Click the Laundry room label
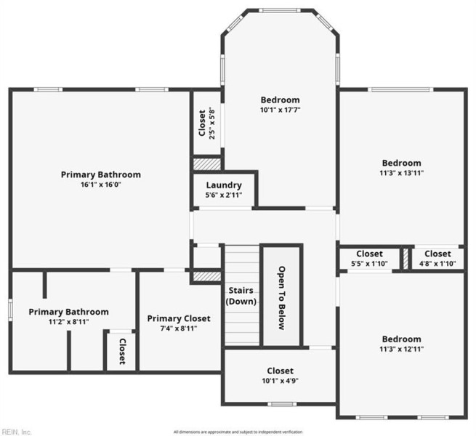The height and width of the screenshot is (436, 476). click(224, 185)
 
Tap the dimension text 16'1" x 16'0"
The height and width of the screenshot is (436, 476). click(101, 185)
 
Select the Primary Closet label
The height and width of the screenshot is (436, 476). click(179, 318)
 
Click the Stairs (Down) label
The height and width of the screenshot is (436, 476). click(241, 296)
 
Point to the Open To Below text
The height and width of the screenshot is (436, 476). click(281, 297)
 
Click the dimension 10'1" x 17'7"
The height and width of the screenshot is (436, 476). click(281, 110)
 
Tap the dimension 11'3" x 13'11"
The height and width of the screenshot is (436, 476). click(402, 173)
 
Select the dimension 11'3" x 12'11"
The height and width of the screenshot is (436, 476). click(402, 350)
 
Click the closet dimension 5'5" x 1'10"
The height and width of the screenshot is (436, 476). click(369, 264)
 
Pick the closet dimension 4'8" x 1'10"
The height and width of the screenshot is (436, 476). click(437, 264)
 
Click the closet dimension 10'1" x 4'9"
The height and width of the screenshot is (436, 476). click(280, 381)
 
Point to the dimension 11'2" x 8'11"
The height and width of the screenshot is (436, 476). click(69, 322)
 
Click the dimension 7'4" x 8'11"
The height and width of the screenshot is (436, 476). click(179, 328)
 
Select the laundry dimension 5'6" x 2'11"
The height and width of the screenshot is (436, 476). click(224, 196)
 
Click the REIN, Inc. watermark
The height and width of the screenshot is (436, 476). click(16, 432)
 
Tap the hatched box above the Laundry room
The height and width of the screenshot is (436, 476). click(206, 163)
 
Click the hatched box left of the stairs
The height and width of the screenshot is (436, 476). click(206, 277)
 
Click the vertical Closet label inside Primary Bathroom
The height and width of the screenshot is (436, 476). click(122, 352)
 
